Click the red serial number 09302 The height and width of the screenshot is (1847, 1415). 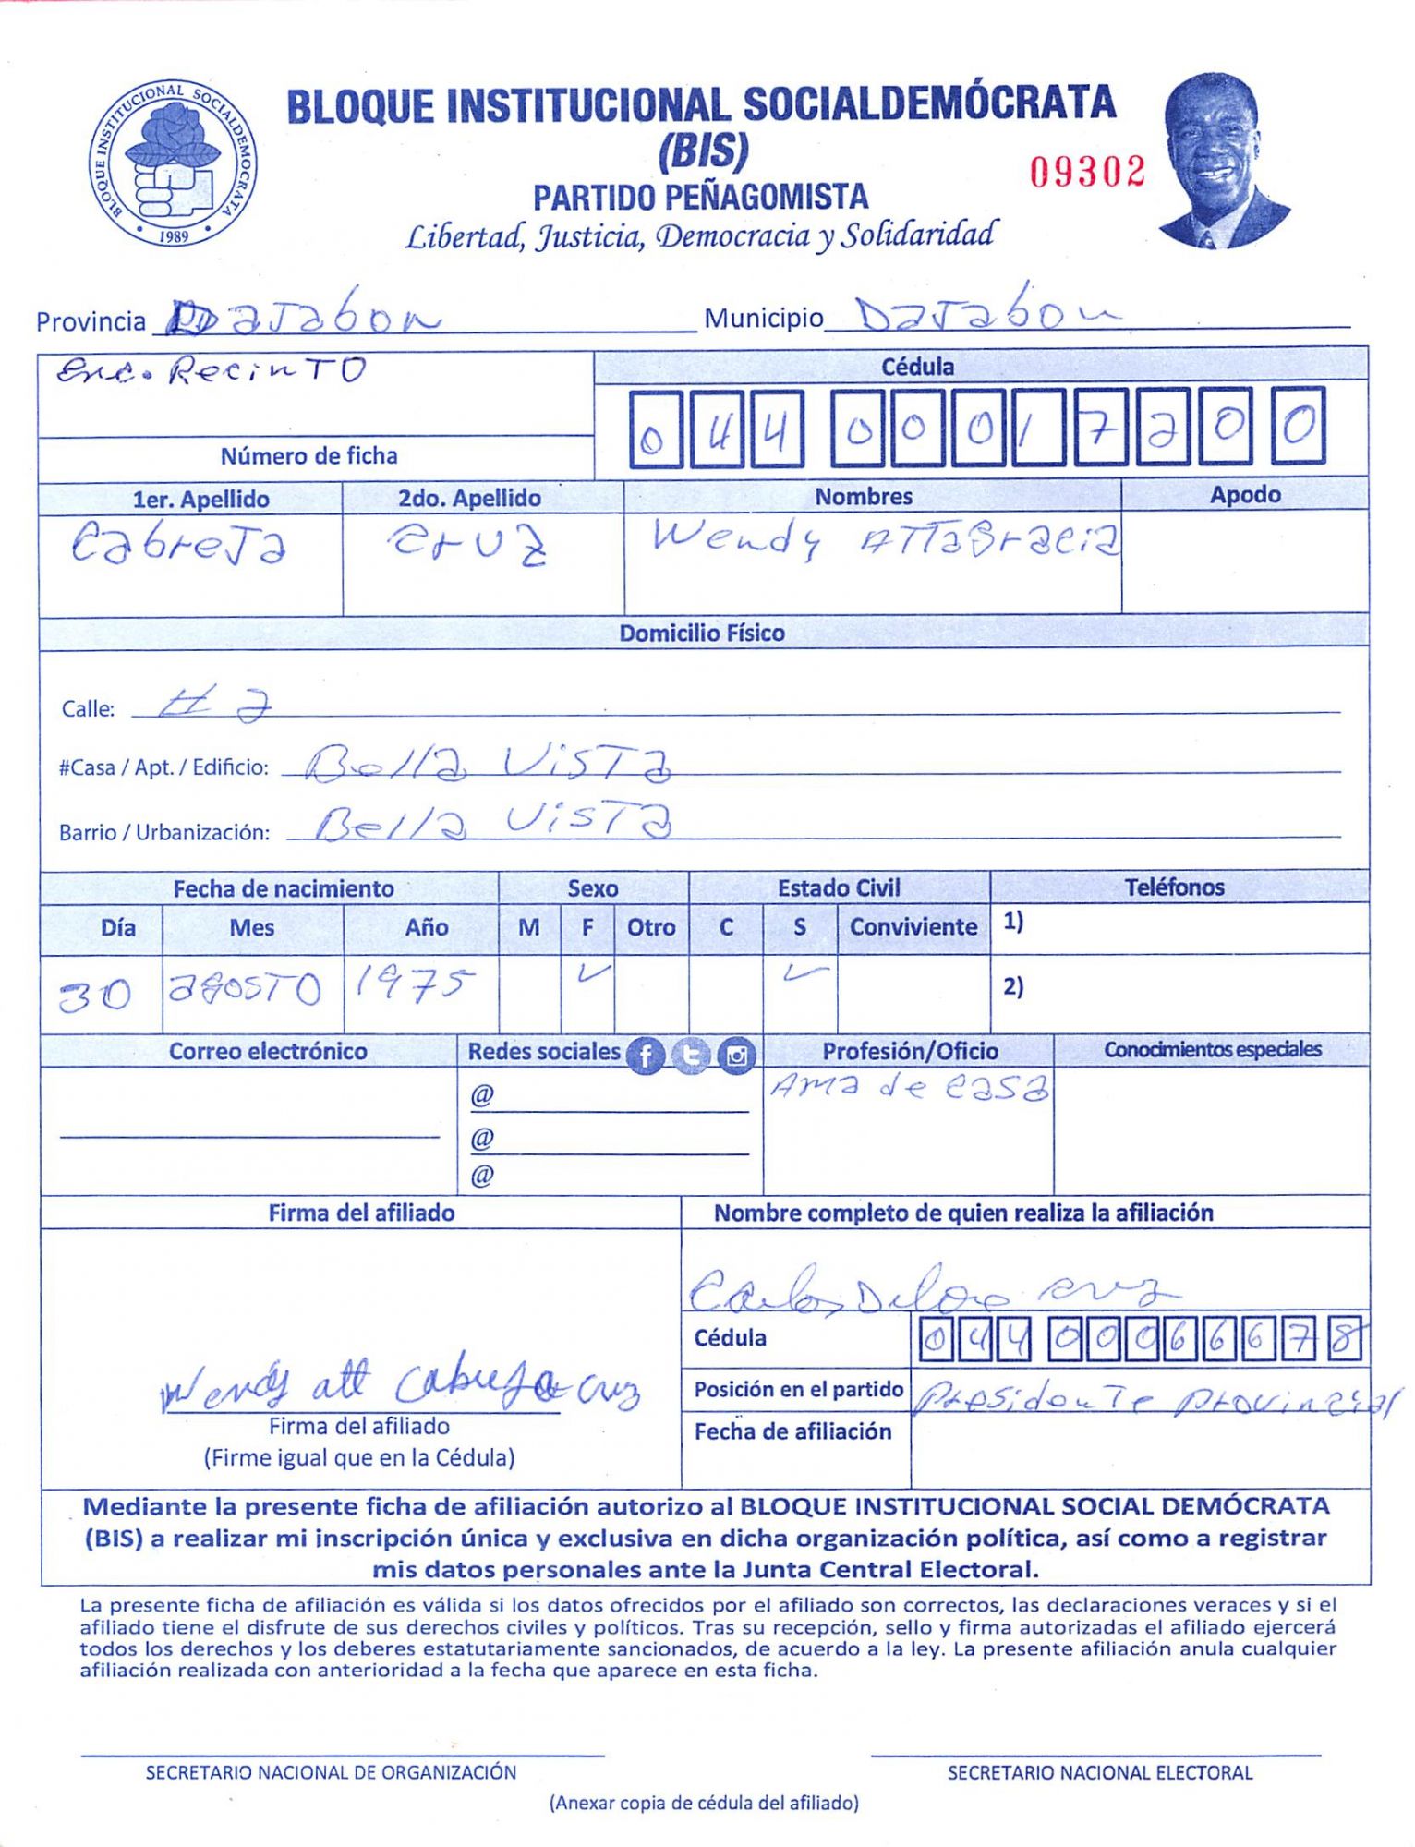tap(1087, 172)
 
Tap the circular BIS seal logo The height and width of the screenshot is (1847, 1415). tap(173, 163)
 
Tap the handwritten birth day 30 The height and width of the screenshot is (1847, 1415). tap(94, 996)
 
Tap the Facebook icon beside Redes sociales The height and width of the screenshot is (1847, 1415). tap(646, 1055)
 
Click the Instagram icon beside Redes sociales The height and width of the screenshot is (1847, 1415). tap(736, 1055)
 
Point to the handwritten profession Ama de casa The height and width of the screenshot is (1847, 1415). tap(909, 1087)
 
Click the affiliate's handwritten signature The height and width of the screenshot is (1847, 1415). tap(397, 1386)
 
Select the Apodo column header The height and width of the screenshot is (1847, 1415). tap(1244, 495)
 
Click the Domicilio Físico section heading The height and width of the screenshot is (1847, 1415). tap(702, 633)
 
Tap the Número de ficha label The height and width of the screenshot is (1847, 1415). tap(308, 455)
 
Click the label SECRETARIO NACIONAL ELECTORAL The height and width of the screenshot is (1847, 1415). tap(1099, 1772)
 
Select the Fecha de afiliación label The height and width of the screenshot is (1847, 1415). tap(792, 1431)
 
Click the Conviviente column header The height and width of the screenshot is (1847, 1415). tap(913, 927)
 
